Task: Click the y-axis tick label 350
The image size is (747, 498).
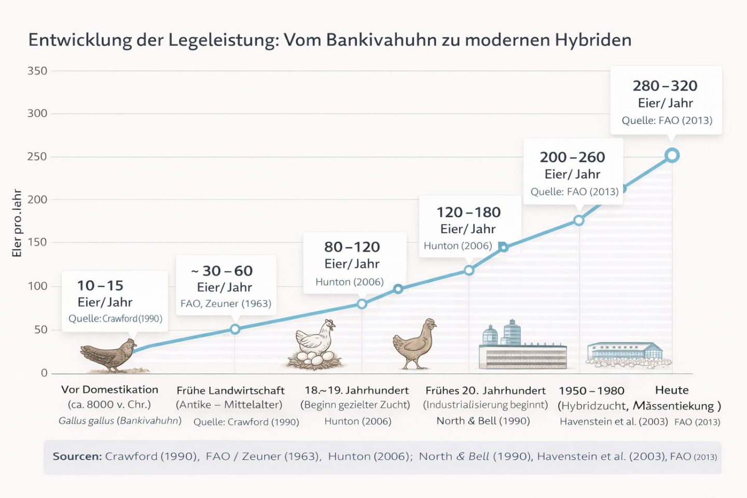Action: [x=37, y=71]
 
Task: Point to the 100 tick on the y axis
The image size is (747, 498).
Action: [x=37, y=286]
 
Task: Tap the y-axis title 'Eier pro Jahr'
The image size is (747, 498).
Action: [x=17, y=223]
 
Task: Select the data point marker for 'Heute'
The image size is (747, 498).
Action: [x=672, y=155]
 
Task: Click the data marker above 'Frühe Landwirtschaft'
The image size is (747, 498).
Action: [x=235, y=329]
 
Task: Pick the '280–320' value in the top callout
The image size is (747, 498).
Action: [x=665, y=86]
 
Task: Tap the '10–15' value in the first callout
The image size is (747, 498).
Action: [x=101, y=285]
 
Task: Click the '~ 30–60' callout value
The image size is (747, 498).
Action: [x=222, y=271]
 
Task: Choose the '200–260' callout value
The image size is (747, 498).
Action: [x=572, y=157]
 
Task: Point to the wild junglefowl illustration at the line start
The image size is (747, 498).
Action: [x=109, y=355]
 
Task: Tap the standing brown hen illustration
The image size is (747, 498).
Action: [x=415, y=343]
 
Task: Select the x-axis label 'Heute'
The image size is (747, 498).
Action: [x=672, y=390]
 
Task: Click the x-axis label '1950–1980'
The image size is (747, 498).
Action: [x=591, y=391]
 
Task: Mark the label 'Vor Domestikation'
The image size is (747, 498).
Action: [x=109, y=390]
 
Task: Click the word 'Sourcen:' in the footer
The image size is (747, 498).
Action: [x=77, y=457]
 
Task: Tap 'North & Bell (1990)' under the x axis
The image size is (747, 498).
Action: [x=483, y=421]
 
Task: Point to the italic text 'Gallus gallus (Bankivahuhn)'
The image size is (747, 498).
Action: [x=120, y=421]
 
